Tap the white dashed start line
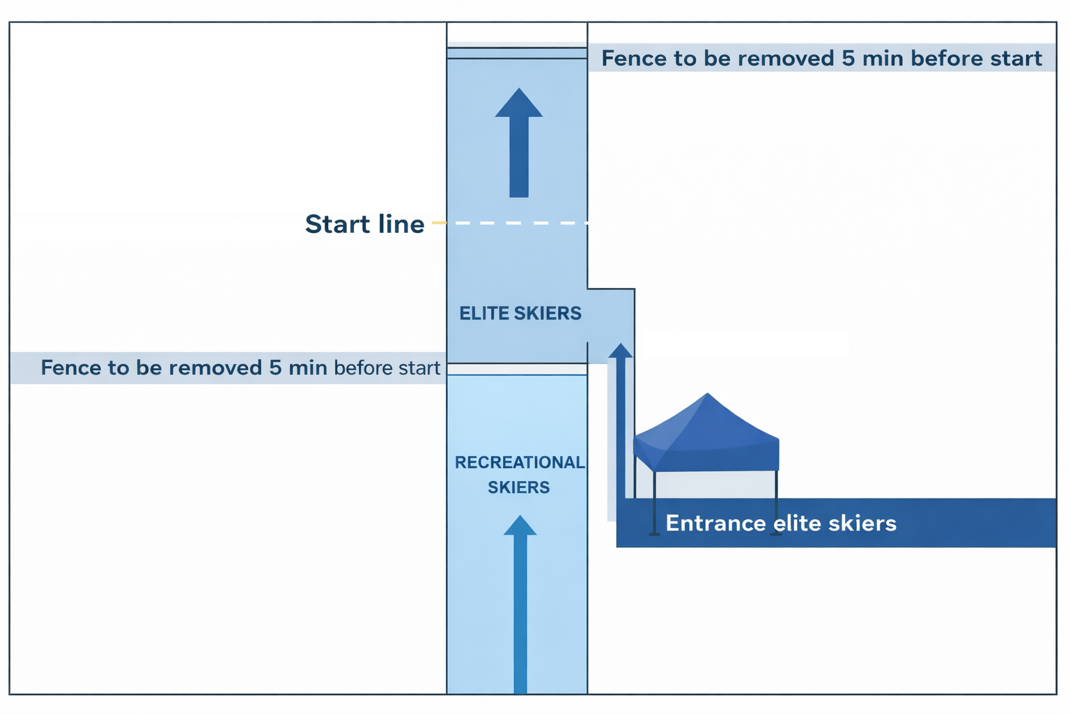pos(515,223)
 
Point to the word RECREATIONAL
pos(520,462)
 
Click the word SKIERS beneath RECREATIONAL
pos(519,487)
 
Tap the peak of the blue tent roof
pos(707,395)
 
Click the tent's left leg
pos(654,502)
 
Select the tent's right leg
pos(775,502)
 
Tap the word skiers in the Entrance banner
pos(864,523)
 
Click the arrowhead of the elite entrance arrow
pos(621,350)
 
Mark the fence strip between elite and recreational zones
pos(516,369)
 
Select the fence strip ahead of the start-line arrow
pos(516,53)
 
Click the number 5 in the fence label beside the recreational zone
pos(276,367)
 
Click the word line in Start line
pos(401,224)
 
